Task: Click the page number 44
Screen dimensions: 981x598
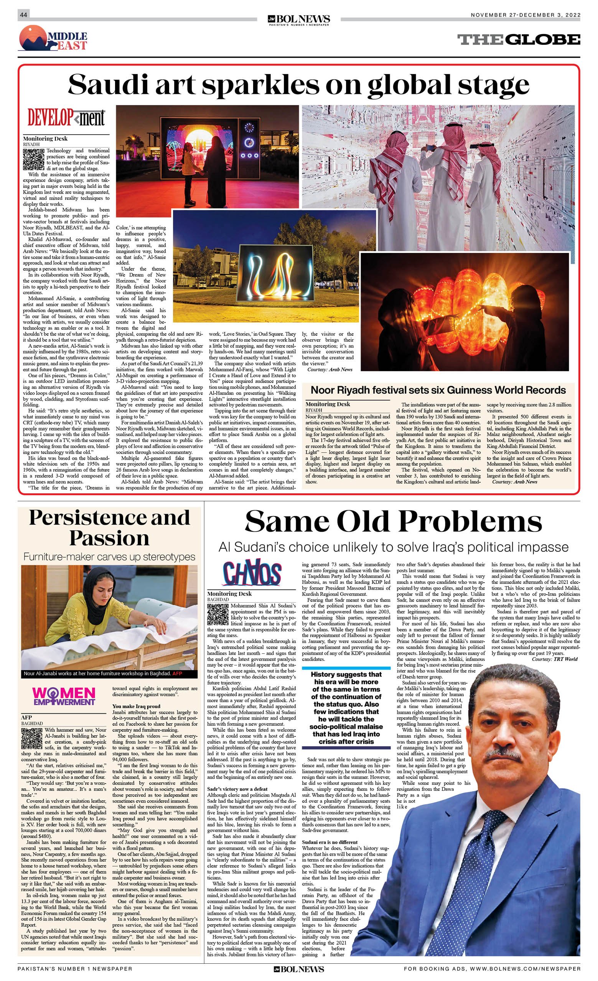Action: (23, 15)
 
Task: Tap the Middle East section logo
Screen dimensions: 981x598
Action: (53, 39)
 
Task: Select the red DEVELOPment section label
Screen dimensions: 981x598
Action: (66, 117)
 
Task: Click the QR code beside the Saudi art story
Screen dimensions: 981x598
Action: (33, 159)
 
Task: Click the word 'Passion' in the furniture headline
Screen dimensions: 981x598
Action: (109, 538)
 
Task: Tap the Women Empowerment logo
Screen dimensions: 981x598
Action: (64, 696)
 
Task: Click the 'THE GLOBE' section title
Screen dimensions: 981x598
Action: (518, 39)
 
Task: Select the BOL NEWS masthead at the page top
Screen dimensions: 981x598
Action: (299, 20)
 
